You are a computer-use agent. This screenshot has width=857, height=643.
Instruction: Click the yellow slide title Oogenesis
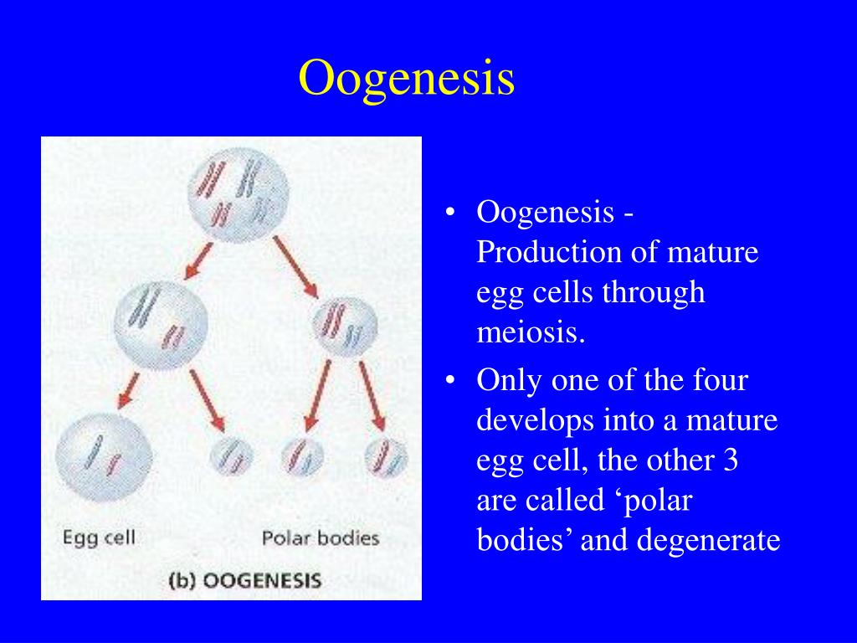pyautogui.click(x=407, y=78)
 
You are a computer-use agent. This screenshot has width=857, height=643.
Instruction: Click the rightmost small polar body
pyautogui.click(x=387, y=457)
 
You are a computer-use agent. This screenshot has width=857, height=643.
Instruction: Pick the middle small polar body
pyautogui.click(x=302, y=457)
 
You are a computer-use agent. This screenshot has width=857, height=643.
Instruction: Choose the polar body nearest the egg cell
pyautogui.click(x=230, y=457)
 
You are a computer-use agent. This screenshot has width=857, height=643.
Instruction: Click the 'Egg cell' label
pyautogui.click(x=99, y=538)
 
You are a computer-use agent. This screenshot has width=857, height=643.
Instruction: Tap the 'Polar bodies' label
pyautogui.click(x=321, y=538)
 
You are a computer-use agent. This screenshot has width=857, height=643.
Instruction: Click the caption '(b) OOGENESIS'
pyautogui.click(x=244, y=580)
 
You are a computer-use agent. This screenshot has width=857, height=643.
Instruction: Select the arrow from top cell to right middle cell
pyautogui.click(x=295, y=267)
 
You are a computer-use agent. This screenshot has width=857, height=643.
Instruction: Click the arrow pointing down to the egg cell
pyautogui.click(x=128, y=388)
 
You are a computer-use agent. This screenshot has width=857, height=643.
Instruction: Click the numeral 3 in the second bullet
pyautogui.click(x=730, y=460)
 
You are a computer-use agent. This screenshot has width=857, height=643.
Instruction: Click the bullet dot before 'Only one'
pyautogui.click(x=451, y=382)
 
